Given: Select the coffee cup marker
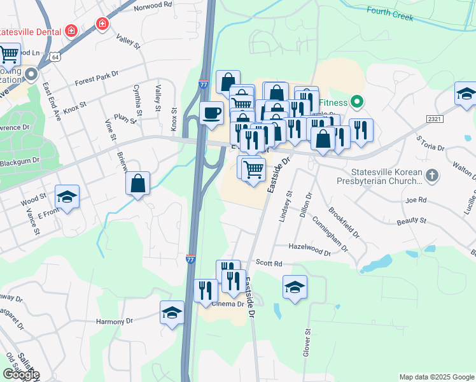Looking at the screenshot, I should click(212, 113).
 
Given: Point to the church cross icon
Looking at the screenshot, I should click(431, 174).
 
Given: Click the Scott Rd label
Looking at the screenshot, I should click(269, 262).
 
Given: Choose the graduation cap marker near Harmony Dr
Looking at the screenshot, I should click(172, 313).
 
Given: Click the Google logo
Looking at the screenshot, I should click(21, 374).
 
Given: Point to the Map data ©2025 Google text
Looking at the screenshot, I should click(437, 377).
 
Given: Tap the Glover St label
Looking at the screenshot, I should click(307, 342).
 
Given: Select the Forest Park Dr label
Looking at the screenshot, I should click(96, 78).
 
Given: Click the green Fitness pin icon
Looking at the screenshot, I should click(357, 102).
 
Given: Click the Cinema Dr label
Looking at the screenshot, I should click(228, 304).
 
